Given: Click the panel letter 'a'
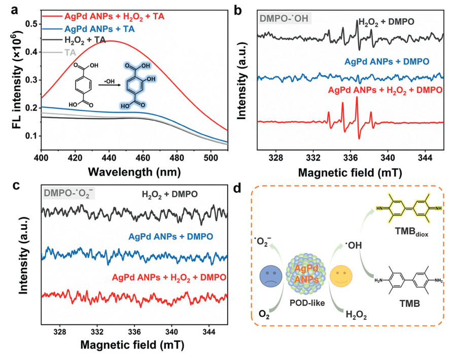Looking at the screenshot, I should pos(14,10).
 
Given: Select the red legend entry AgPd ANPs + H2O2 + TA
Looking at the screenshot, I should pos(112,17).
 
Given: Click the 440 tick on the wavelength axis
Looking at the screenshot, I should pos(110,158).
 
